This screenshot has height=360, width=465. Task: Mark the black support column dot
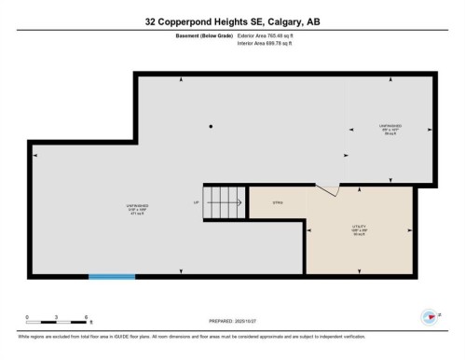[212, 127]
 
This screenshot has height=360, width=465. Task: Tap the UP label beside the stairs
[197, 202]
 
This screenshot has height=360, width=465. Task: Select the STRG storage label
[277, 201]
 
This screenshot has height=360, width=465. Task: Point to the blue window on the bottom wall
[112, 276]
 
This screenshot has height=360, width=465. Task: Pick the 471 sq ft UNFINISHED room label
[136, 209]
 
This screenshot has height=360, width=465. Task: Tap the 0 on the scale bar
[28, 317]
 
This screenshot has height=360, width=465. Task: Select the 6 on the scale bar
[86, 317]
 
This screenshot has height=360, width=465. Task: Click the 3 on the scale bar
[57, 317]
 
